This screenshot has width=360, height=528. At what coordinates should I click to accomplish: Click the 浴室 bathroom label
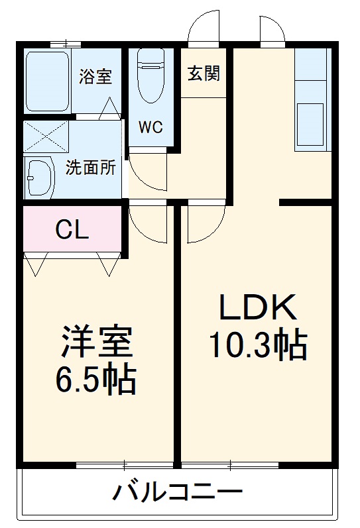click(96, 76)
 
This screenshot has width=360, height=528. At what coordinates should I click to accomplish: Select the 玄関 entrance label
click(203, 74)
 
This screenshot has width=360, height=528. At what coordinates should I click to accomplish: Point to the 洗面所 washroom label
click(91, 168)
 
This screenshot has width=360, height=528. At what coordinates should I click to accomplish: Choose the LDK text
click(257, 307)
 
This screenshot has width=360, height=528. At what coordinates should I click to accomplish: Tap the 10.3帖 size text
click(257, 344)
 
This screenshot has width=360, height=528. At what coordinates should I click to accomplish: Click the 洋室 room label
click(97, 343)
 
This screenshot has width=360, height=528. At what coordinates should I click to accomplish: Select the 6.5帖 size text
click(97, 380)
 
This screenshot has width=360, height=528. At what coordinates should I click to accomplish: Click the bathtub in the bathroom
click(46, 81)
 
